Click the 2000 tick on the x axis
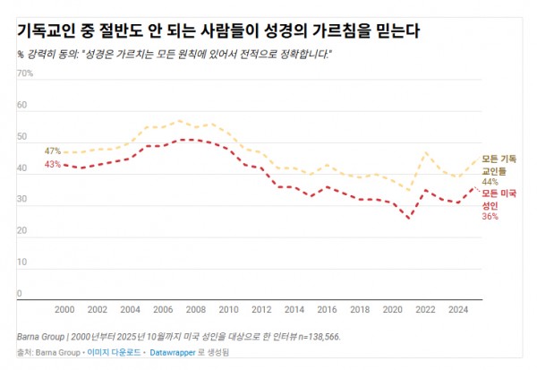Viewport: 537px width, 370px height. [x=64, y=309]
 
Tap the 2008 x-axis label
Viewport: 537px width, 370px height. [x=196, y=309]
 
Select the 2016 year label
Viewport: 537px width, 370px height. [x=328, y=309]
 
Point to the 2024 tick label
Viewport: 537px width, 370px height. [x=458, y=309]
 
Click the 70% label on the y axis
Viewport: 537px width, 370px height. [x=25, y=73]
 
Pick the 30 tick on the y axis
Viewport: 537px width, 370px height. [x=22, y=205]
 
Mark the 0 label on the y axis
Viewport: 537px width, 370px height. [x=20, y=293]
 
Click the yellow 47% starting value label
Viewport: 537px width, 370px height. [x=52, y=151]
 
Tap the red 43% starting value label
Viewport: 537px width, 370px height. [x=52, y=165]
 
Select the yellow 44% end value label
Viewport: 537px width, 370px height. [x=489, y=181]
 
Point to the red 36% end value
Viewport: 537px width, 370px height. [x=489, y=216]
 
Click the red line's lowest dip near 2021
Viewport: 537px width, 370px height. [x=409, y=218]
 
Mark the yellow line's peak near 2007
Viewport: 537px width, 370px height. [x=180, y=120]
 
